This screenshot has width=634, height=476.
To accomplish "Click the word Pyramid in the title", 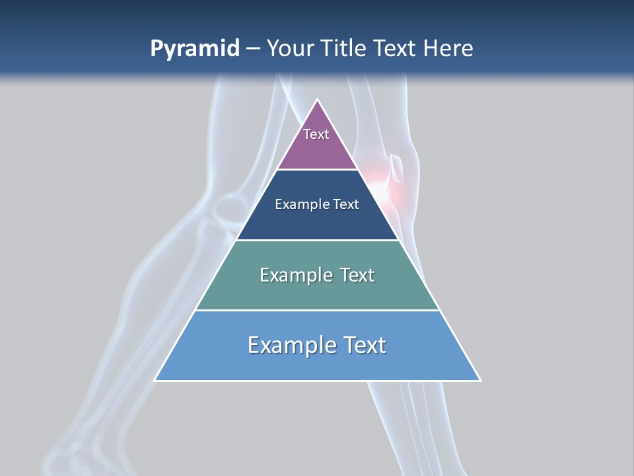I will click(x=195, y=49).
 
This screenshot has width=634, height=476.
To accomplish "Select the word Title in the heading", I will click(x=344, y=49).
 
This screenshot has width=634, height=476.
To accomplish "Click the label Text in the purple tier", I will click(x=316, y=134).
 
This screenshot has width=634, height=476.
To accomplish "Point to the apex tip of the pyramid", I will click(x=318, y=101).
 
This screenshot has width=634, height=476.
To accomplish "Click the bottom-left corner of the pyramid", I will click(x=156, y=380).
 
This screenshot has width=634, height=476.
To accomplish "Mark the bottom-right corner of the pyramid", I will click(x=479, y=380).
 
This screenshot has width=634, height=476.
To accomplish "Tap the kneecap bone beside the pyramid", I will click(x=398, y=168).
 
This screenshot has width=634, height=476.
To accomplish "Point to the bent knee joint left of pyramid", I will click(x=228, y=205).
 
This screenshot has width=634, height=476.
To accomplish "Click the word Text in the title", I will click(x=396, y=49).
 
